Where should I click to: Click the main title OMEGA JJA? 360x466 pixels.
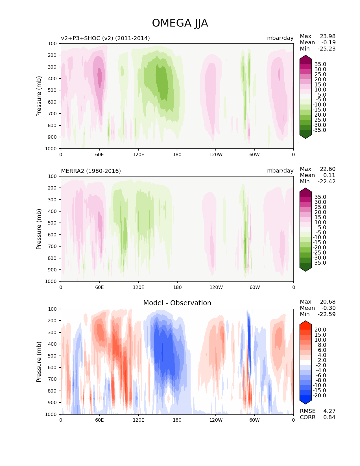click(x=180, y=23)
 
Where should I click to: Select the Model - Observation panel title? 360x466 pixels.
click(x=177, y=303)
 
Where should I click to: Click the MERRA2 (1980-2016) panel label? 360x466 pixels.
click(x=91, y=171)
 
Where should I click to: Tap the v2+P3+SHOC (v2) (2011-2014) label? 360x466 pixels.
click(x=105, y=38)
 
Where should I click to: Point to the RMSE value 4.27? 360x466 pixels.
click(x=329, y=411)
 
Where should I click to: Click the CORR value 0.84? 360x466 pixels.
click(x=329, y=417)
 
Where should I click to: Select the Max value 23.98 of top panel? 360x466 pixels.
click(x=328, y=36)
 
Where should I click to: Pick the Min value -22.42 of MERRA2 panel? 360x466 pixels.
click(x=326, y=181)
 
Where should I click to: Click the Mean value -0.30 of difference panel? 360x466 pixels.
click(x=328, y=308)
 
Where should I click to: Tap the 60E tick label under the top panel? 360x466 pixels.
click(x=99, y=154)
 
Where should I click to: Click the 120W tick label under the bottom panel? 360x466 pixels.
click(x=216, y=420)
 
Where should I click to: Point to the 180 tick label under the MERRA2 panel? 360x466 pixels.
click(x=177, y=287)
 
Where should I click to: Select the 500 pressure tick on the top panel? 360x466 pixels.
click(x=53, y=90)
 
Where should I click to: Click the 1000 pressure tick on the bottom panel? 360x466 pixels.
click(x=51, y=414)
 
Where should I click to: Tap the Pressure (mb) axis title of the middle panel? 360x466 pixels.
click(x=39, y=229)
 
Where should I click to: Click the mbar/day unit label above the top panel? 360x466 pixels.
click(x=280, y=38)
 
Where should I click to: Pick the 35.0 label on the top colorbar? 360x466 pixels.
click(x=320, y=64)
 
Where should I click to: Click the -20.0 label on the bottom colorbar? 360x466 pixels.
click(x=319, y=395)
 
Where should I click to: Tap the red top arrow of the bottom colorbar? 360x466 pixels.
click(x=306, y=324)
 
